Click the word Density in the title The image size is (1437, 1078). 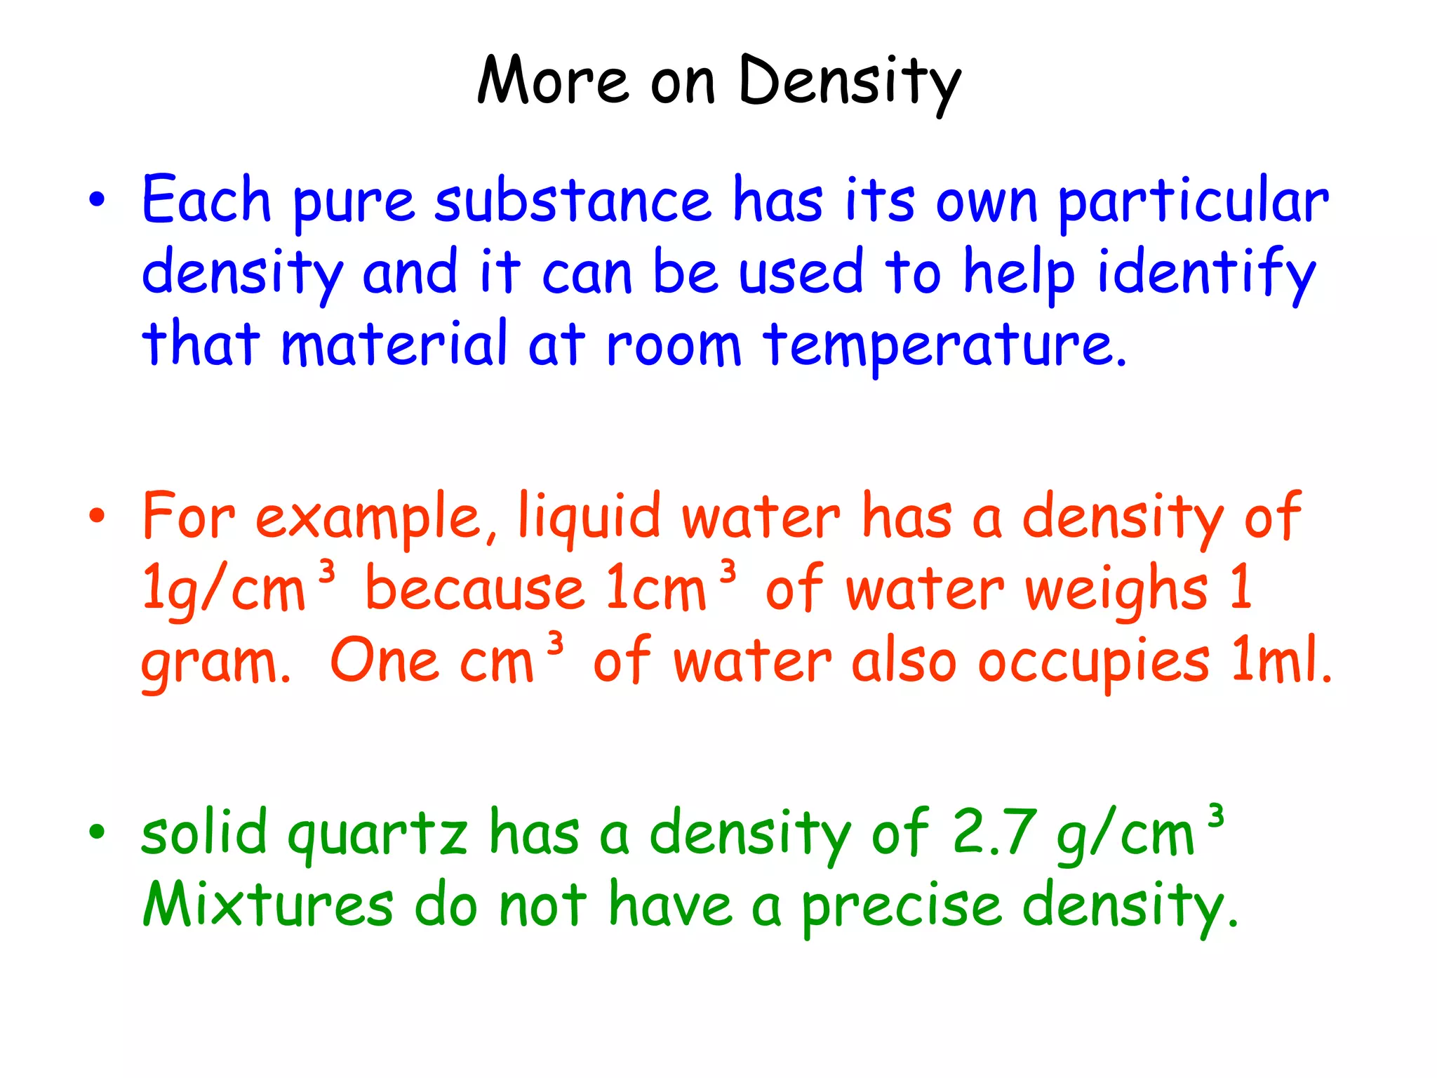849,83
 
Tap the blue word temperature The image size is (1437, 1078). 944,345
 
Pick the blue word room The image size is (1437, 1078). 674,345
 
